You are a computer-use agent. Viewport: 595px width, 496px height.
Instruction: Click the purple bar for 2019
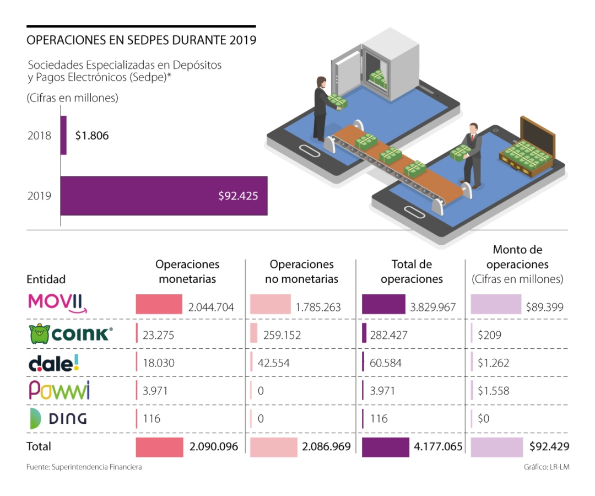pos(164,196)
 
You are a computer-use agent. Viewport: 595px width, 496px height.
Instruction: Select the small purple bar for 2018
pos(63,135)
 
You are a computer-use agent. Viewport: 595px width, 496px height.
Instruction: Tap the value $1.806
pos(92,136)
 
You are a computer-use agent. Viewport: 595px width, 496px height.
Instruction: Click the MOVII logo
pos(57,304)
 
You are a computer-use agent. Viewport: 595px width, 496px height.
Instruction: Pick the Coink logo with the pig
pos(71,333)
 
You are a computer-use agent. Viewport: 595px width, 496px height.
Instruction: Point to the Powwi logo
pos(59,390)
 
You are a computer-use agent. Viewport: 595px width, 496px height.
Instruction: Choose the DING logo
pos(58,419)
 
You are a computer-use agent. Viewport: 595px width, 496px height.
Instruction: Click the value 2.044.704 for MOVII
pos(211,307)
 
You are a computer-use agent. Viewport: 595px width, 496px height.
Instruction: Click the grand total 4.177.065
pos(438,446)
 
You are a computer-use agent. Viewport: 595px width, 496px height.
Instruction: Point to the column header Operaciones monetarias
pos(187,272)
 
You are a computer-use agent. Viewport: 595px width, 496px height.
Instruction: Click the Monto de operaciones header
pos(517,265)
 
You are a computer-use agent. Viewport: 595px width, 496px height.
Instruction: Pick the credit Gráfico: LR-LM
pos(547,467)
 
